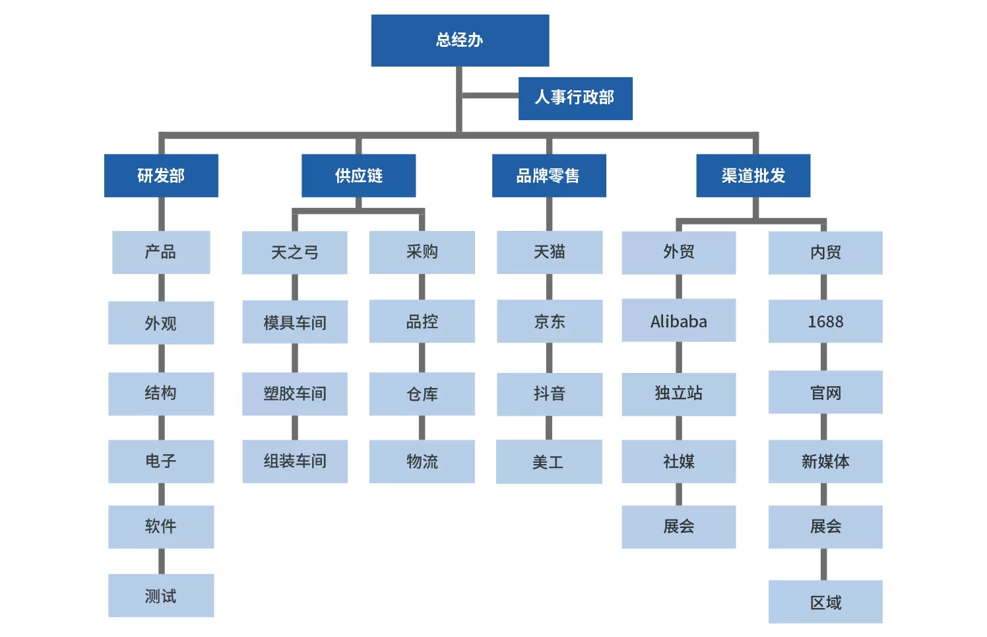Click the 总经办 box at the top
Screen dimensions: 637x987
460,40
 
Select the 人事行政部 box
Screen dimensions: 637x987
575,98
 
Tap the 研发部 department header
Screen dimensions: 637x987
161,176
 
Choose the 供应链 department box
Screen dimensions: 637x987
358,176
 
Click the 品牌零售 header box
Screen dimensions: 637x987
548,176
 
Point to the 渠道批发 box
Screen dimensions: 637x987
753,176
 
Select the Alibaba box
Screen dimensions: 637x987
678,321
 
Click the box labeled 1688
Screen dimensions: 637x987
825,321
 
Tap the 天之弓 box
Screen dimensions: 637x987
294,252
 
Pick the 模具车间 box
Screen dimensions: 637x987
294,322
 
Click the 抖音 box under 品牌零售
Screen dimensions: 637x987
549,394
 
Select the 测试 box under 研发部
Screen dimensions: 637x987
161,595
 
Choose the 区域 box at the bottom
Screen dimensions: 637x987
825,601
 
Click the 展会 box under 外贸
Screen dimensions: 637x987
678,526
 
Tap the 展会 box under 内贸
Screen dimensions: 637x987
825,526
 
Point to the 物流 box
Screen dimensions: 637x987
422,461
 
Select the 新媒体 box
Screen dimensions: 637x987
825,461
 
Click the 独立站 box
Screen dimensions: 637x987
678,394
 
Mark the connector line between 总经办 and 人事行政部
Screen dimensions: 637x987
490,96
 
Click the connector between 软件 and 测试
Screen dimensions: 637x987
161,561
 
